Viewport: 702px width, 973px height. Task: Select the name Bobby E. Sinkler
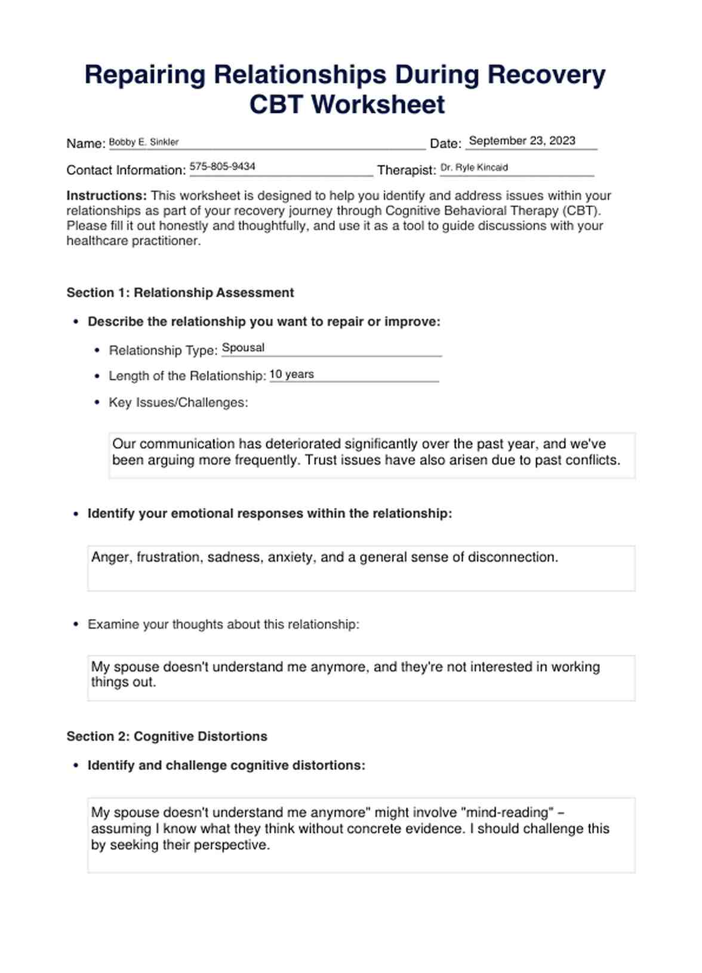(x=144, y=142)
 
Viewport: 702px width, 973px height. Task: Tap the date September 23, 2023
(x=522, y=141)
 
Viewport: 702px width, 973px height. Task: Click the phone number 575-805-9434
(x=222, y=167)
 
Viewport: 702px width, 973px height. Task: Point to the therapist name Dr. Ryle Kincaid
(x=474, y=168)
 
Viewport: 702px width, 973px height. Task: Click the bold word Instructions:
(x=106, y=196)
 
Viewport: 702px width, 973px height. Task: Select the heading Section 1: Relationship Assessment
(x=180, y=292)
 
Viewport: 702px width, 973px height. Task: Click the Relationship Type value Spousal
(x=243, y=347)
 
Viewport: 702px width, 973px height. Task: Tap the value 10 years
(x=291, y=374)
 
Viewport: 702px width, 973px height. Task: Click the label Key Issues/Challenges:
(x=178, y=402)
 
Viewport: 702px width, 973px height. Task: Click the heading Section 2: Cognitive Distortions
(x=167, y=736)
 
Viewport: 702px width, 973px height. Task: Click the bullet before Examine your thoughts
(x=76, y=624)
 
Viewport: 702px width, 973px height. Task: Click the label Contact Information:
(x=126, y=170)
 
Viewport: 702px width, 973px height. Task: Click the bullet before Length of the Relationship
(x=97, y=376)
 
